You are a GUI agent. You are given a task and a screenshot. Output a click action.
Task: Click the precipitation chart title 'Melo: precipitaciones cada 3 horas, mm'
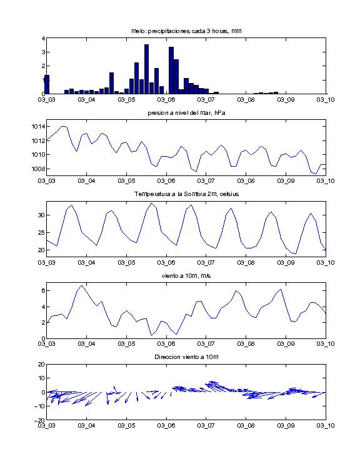pyautogui.click(x=186, y=31)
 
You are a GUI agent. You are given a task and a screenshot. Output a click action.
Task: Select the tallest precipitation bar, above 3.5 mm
pyautogui.click(x=147, y=69)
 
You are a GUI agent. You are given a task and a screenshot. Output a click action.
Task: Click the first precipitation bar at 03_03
pyautogui.click(x=47, y=84)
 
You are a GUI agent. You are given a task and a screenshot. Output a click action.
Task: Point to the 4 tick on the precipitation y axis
pyautogui.click(x=43, y=39)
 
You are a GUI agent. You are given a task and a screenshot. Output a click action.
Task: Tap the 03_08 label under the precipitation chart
pyautogui.click(x=246, y=100)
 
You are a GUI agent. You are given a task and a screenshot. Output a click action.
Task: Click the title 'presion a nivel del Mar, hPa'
pyautogui.click(x=186, y=113)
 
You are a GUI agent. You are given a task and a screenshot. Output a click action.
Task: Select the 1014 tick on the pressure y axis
pyautogui.click(x=37, y=126)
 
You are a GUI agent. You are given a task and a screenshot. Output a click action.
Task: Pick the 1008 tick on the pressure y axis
pyautogui.click(x=37, y=169)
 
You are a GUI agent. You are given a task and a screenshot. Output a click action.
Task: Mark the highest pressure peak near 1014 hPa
pyautogui.click(x=64, y=126)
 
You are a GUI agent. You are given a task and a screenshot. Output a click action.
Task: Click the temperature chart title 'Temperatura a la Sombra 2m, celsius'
pyautogui.click(x=186, y=194)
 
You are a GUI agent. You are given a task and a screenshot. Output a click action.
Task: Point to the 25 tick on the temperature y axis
pyautogui.click(x=41, y=233)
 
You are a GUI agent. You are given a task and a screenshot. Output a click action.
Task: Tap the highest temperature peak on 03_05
pyautogui.click(x=151, y=203)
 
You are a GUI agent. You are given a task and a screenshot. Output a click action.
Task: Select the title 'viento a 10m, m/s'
pyautogui.click(x=186, y=276)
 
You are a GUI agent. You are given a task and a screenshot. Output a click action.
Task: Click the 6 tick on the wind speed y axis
pyautogui.click(x=43, y=291)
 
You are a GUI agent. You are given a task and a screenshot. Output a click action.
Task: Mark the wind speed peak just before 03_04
pyautogui.click(x=81, y=286)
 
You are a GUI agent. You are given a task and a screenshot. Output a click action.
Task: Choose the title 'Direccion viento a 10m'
pyautogui.click(x=186, y=357)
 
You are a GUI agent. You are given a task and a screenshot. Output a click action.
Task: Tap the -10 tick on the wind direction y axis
pyautogui.click(x=40, y=406)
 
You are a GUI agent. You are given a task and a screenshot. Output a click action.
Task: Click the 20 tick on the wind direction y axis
pyautogui.click(x=41, y=365)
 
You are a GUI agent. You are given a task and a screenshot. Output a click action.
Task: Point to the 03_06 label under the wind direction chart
pyautogui.click(x=166, y=425)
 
